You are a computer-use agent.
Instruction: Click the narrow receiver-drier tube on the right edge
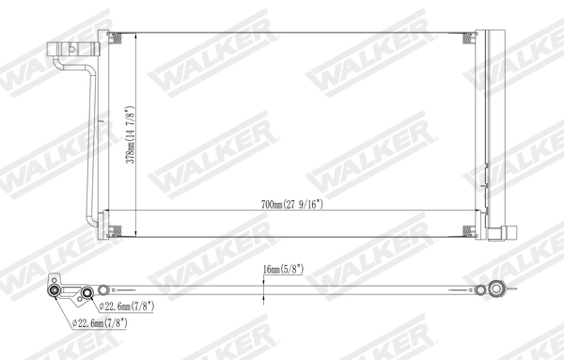coord(484,132)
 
